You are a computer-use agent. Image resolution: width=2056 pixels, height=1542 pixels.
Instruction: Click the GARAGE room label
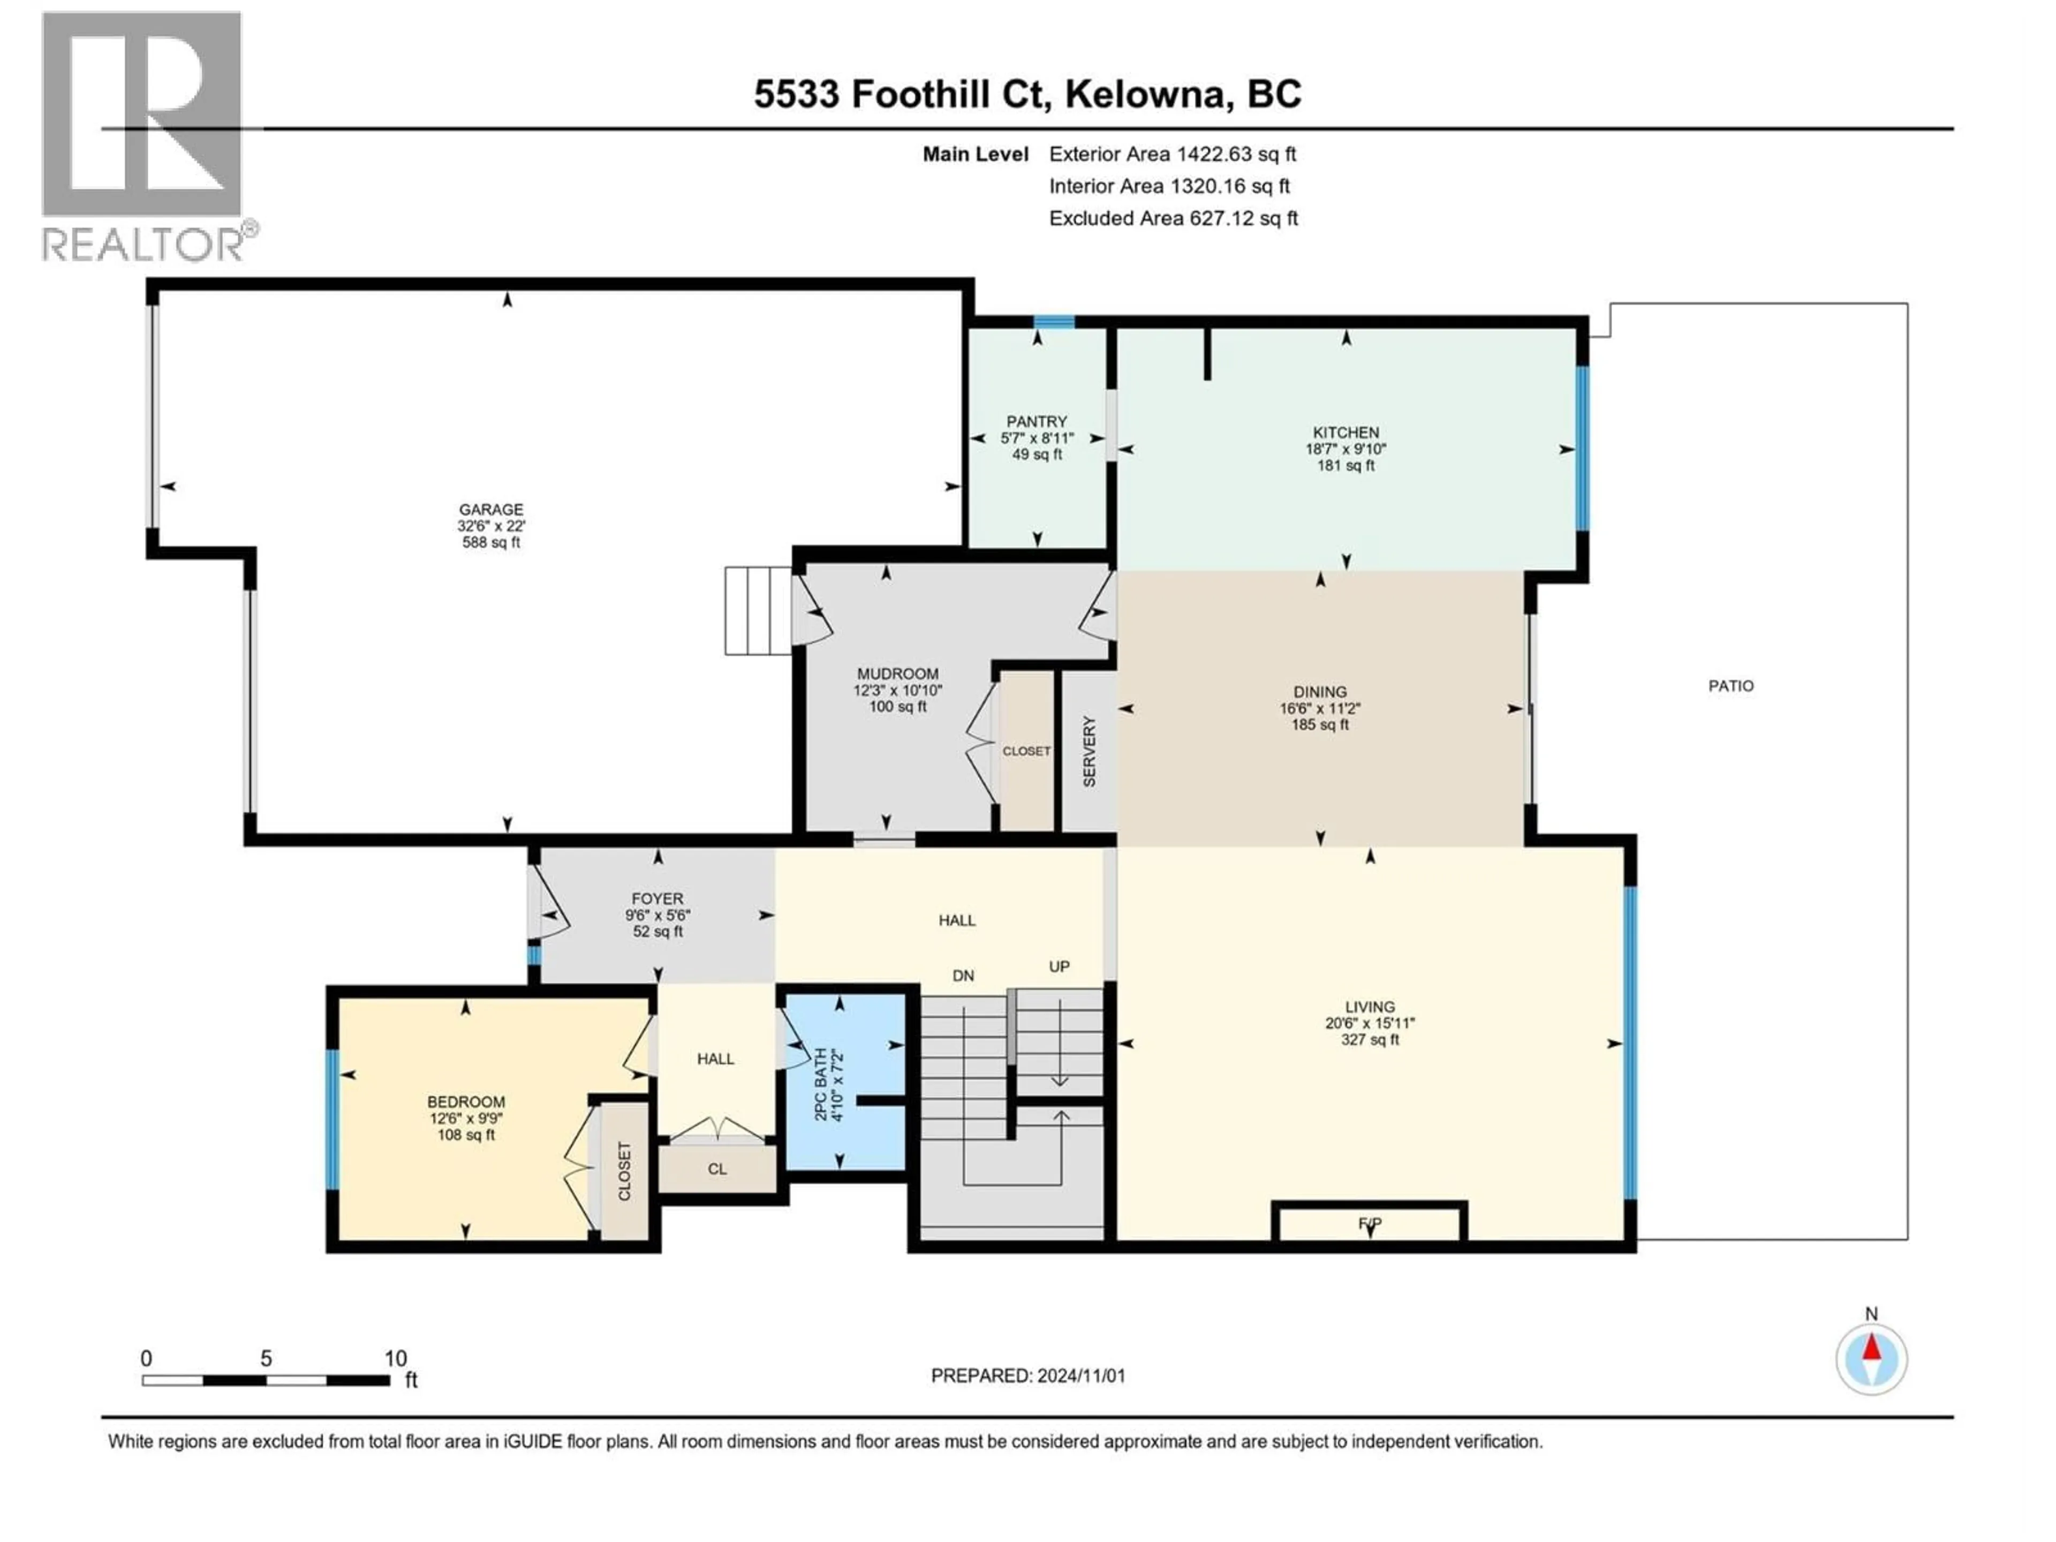tap(491, 509)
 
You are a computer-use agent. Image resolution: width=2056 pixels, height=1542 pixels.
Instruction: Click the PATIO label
tap(1730, 686)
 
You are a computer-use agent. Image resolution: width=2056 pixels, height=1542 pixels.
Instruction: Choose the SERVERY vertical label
tap(1090, 752)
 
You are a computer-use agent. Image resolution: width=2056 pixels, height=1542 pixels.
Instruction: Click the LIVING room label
tap(1369, 1007)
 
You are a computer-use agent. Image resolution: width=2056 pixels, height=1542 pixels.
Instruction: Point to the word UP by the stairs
tap(1059, 966)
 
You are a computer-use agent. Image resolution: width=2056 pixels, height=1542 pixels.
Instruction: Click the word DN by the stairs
tap(963, 975)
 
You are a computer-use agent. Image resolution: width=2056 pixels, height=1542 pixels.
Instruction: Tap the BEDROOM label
tap(466, 1101)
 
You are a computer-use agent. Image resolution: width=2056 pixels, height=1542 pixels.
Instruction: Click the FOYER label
tap(657, 899)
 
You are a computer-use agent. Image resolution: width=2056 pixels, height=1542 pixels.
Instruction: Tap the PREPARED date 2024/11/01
tap(1078, 1375)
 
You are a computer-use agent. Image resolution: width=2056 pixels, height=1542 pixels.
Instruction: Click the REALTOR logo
tap(144, 135)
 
